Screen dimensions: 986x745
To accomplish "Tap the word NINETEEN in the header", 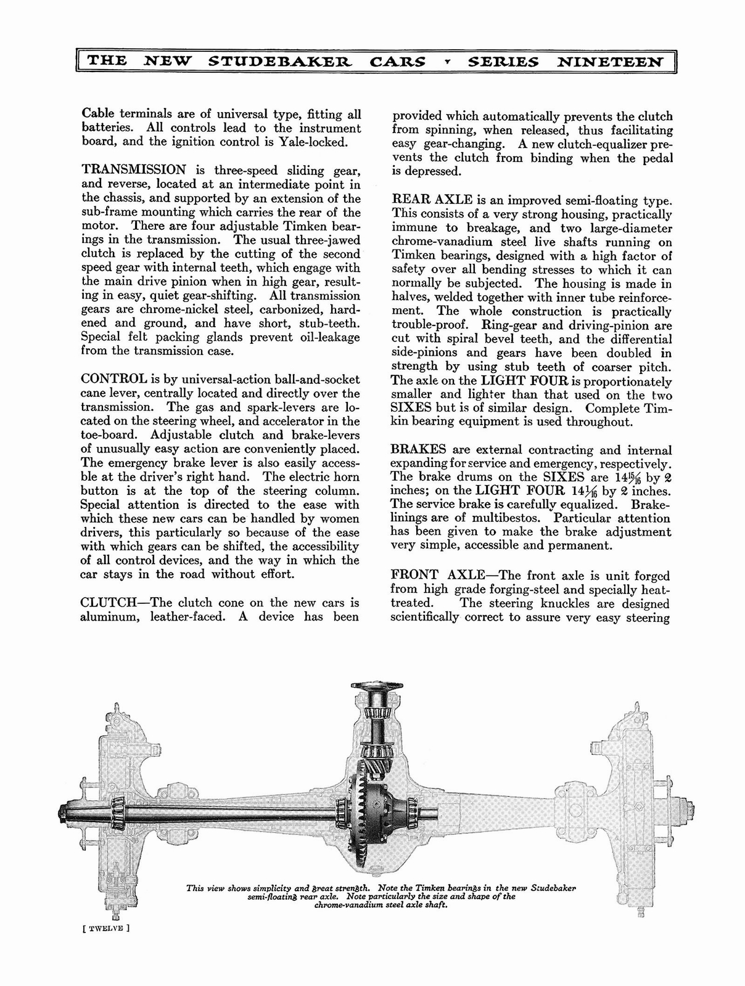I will [x=611, y=62].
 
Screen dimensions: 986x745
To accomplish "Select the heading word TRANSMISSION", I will [x=133, y=170].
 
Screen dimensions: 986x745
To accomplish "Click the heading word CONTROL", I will [x=113, y=379].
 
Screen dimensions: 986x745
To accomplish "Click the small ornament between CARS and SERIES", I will [x=447, y=62].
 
